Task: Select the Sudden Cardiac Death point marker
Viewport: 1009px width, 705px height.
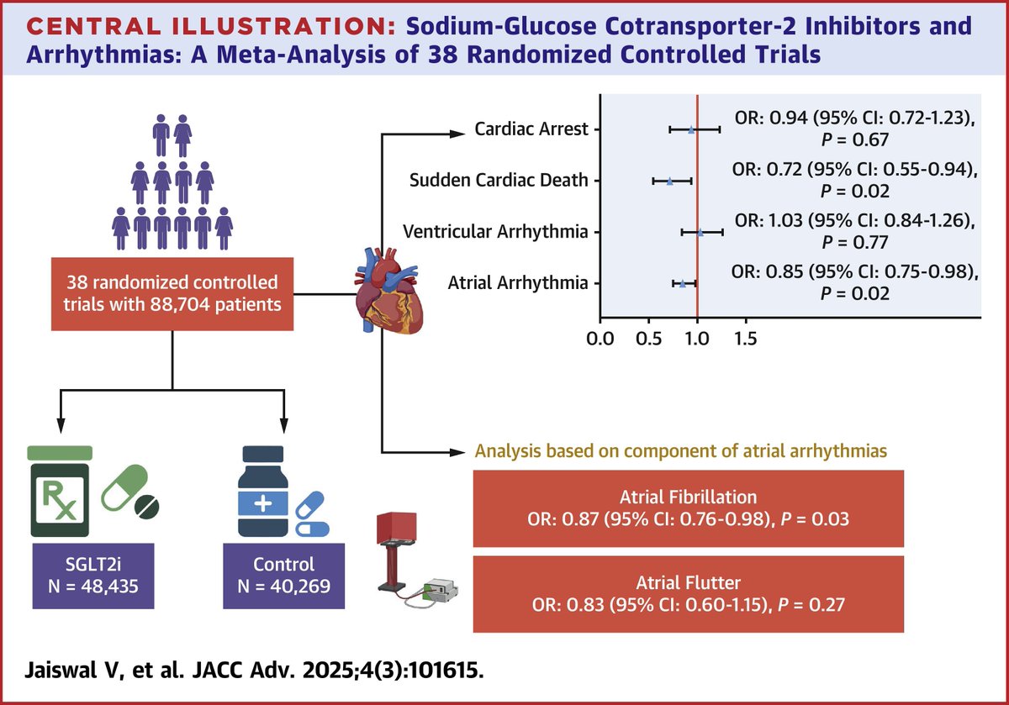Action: click(670, 181)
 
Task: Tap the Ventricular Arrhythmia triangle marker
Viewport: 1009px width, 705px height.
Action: click(700, 231)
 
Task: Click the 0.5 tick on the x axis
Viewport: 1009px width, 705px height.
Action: click(648, 339)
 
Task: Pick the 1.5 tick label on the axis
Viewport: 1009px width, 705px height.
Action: click(745, 339)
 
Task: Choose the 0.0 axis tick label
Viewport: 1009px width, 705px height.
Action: click(600, 339)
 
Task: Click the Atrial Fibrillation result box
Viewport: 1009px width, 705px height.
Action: click(689, 508)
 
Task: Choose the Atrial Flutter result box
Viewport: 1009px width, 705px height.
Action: click(689, 593)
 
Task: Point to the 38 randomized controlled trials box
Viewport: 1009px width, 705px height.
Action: click(173, 291)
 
